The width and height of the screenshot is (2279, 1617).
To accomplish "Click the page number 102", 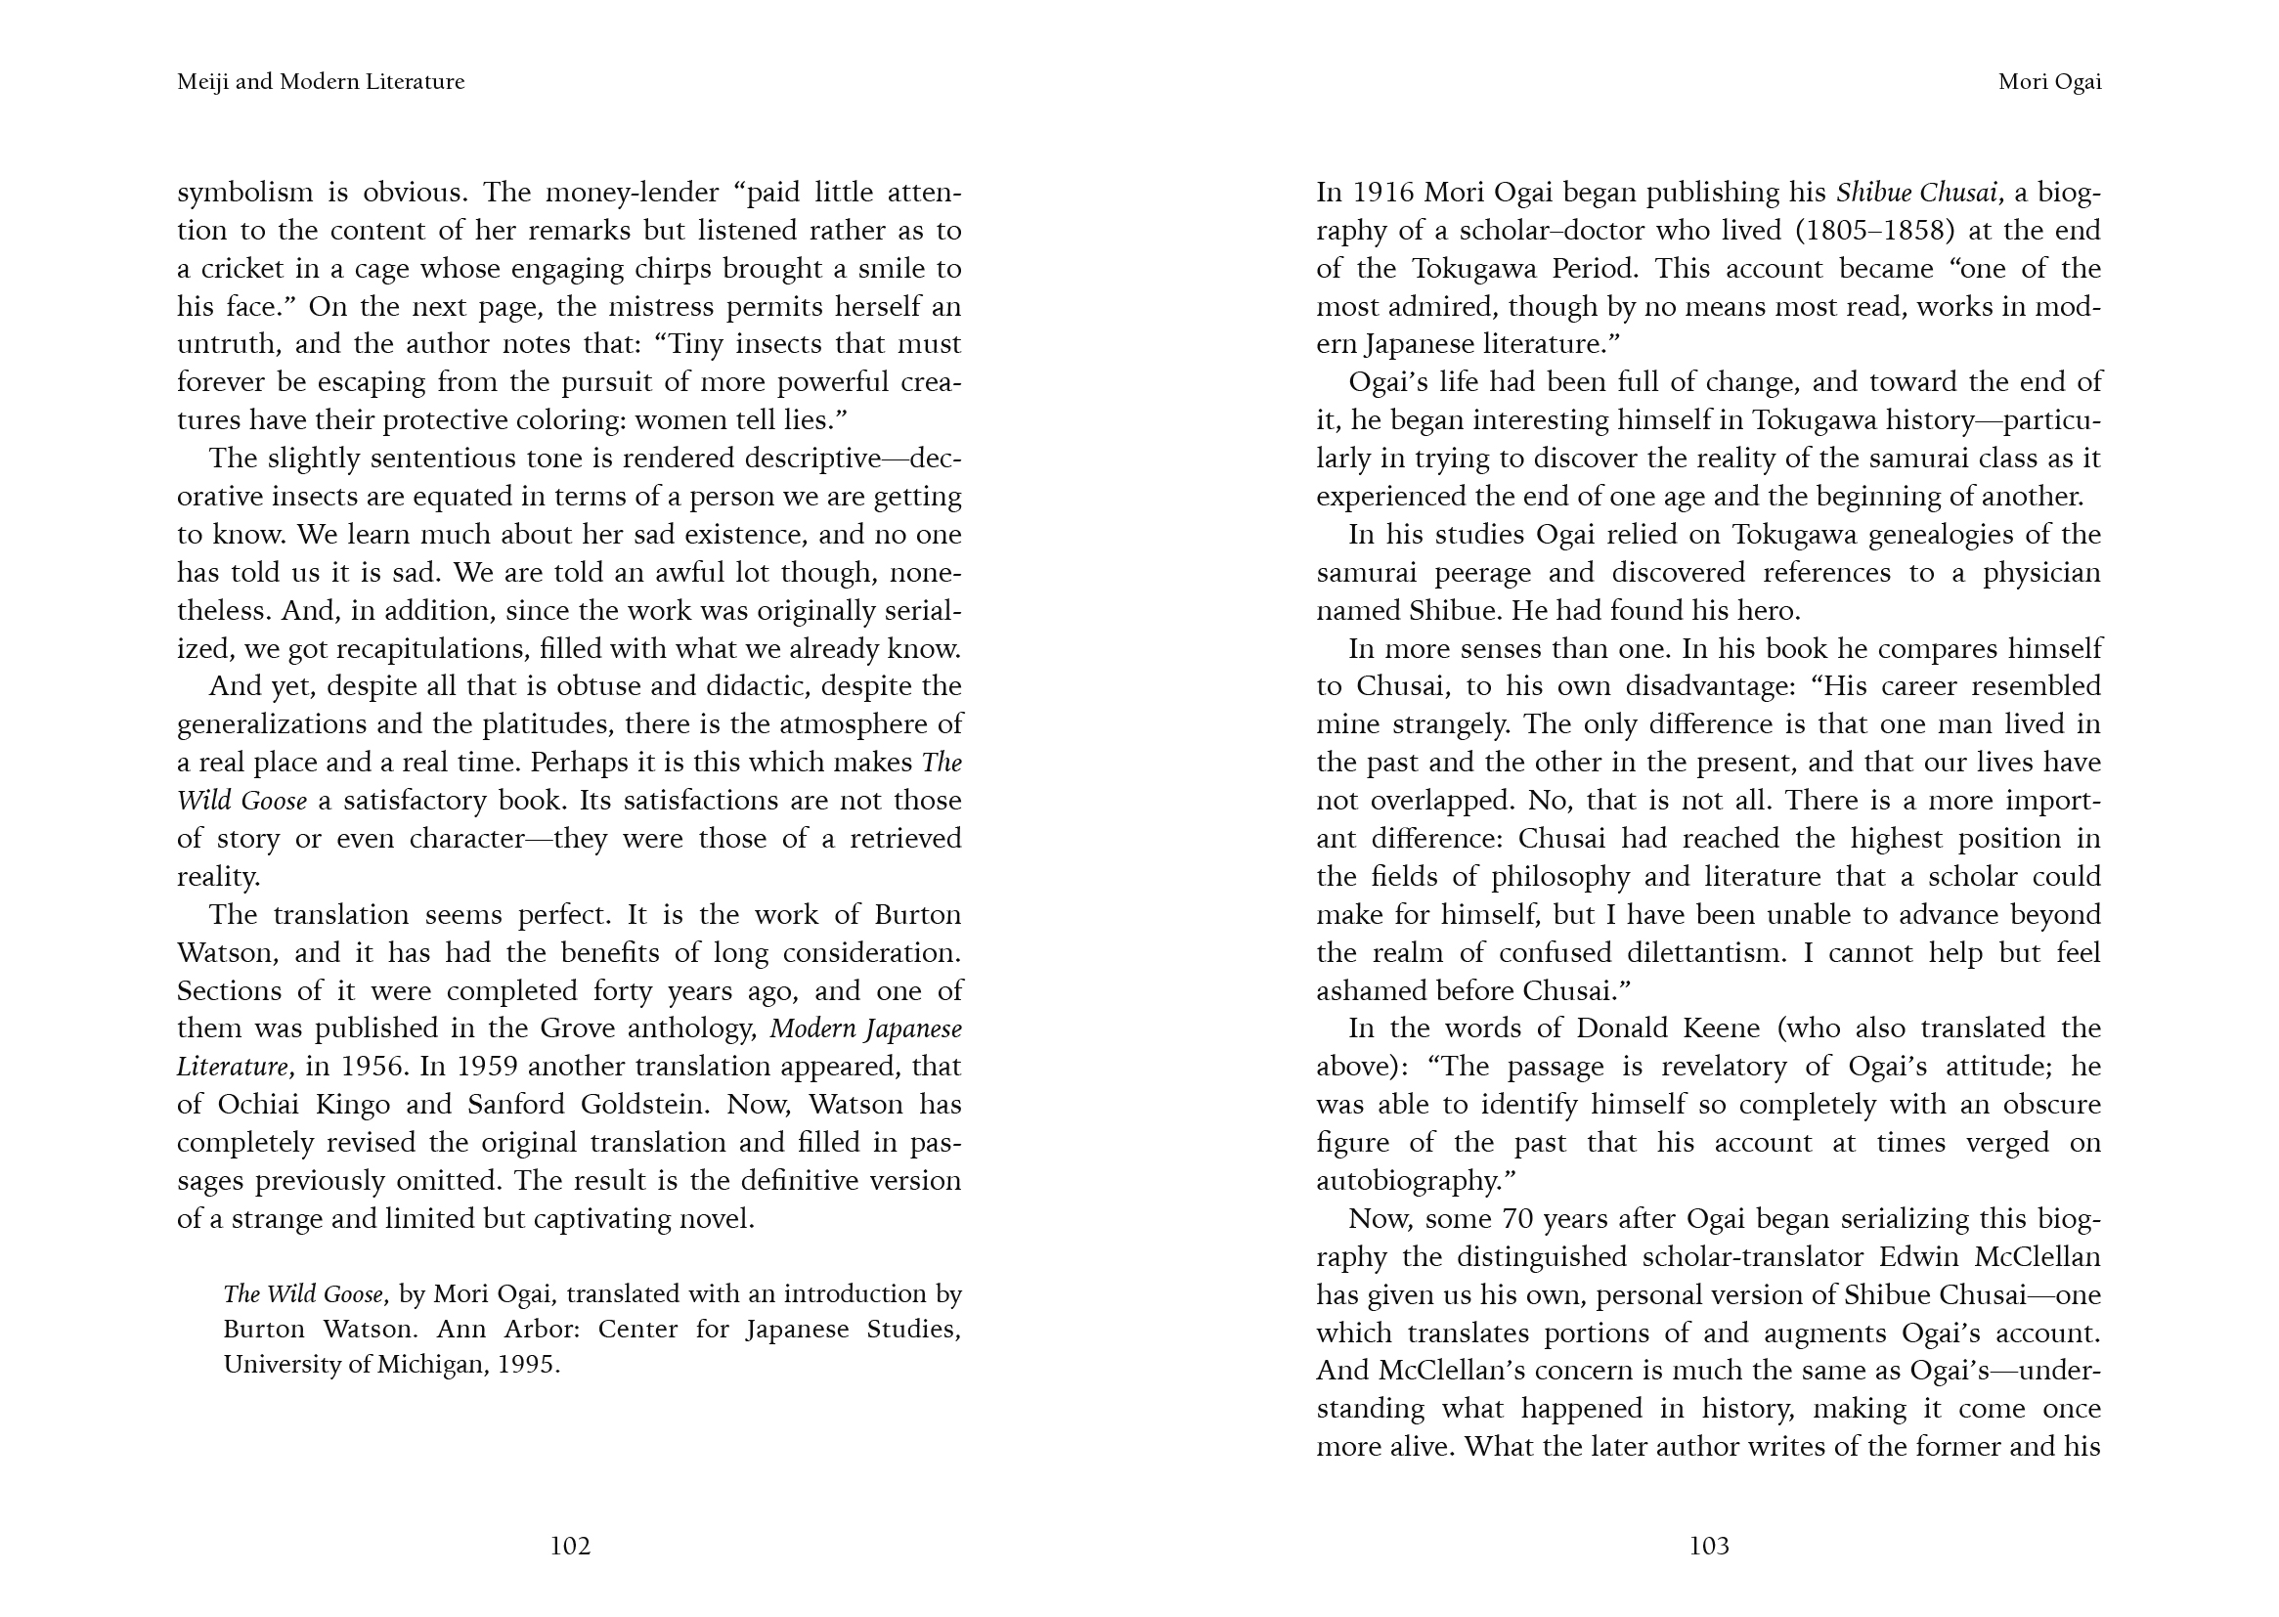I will pyautogui.click(x=571, y=1546).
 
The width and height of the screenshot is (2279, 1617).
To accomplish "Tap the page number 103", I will pyautogui.click(x=1708, y=1546).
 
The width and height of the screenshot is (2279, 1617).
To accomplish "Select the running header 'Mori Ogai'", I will pyautogui.click(x=2049, y=82).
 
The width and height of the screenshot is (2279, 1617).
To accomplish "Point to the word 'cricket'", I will pyautogui.click(x=247, y=269).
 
